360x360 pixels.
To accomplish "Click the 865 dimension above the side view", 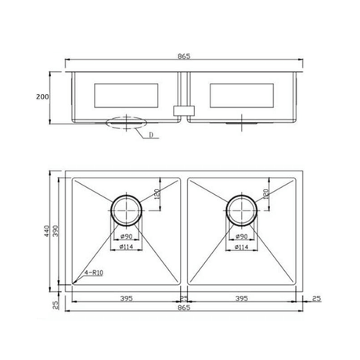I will pyautogui.click(x=185, y=56).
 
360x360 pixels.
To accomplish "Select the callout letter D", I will pyautogui.click(x=149, y=134).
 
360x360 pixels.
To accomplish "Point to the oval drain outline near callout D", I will pyautogui.click(x=123, y=123).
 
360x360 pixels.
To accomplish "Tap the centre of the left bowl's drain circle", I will pyautogui.click(x=125, y=209).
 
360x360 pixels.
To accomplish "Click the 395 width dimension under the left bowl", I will pyautogui.click(x=125, y=297).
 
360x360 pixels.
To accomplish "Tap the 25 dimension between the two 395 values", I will pyautogui.click(x=183, y=297).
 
